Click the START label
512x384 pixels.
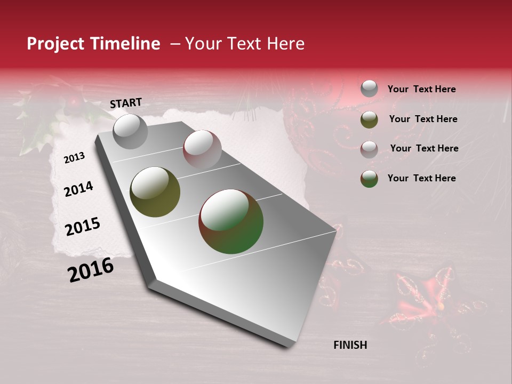(x=126, y=103)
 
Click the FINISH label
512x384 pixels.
(x=350, y=345)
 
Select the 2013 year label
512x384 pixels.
(x=74, y=158)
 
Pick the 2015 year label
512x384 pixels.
(x=82, y=227)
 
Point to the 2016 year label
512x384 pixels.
(x=91, y=270)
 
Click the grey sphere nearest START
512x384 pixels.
(x=130, y=131)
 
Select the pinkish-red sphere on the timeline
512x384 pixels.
(x=202, y=149)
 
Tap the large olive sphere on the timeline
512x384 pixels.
(x=155, y=192)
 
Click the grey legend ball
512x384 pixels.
(x=369, y=89)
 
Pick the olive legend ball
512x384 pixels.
(x=369, y=119)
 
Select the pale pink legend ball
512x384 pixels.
(x=369, y=149)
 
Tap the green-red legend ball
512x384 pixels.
(x=369, y=179)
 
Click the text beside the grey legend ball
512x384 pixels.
(x=421, y=89)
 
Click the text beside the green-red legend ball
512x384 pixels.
(x=421, y=178)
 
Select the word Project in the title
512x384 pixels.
(x=55, y=44)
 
